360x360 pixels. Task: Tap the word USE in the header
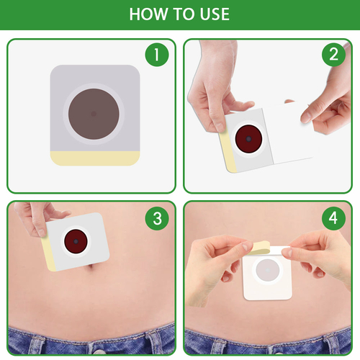215,14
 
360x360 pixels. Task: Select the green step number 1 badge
157,55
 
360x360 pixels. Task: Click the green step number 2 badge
333,55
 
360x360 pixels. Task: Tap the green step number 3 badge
157,218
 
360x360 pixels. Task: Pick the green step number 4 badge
333,218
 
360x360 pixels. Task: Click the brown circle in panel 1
94,114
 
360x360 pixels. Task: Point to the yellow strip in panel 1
95,158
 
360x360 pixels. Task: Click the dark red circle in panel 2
248,139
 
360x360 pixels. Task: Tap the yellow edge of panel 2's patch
228,152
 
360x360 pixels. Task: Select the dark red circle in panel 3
76,241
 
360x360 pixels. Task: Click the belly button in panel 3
91,266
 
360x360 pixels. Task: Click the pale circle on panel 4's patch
268,270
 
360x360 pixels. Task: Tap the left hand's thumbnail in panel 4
248,247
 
